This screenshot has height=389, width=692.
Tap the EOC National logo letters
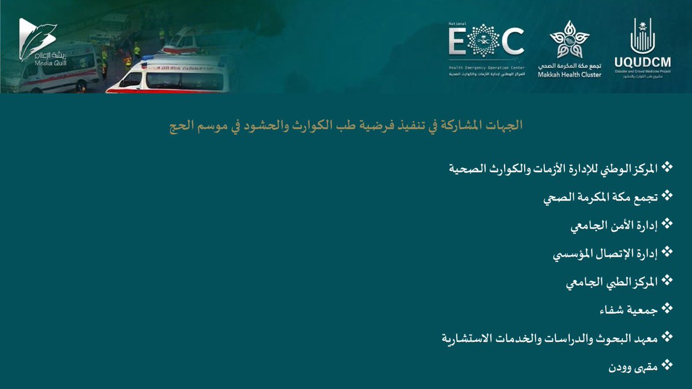[486, 43]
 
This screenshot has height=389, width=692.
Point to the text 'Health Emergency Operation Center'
[486, 67]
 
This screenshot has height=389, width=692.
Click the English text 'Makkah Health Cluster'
[569, 75]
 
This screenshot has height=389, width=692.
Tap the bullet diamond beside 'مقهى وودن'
[668, 365]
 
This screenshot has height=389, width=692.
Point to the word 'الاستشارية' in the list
[466, 338]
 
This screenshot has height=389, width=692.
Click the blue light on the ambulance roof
[149, 57]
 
